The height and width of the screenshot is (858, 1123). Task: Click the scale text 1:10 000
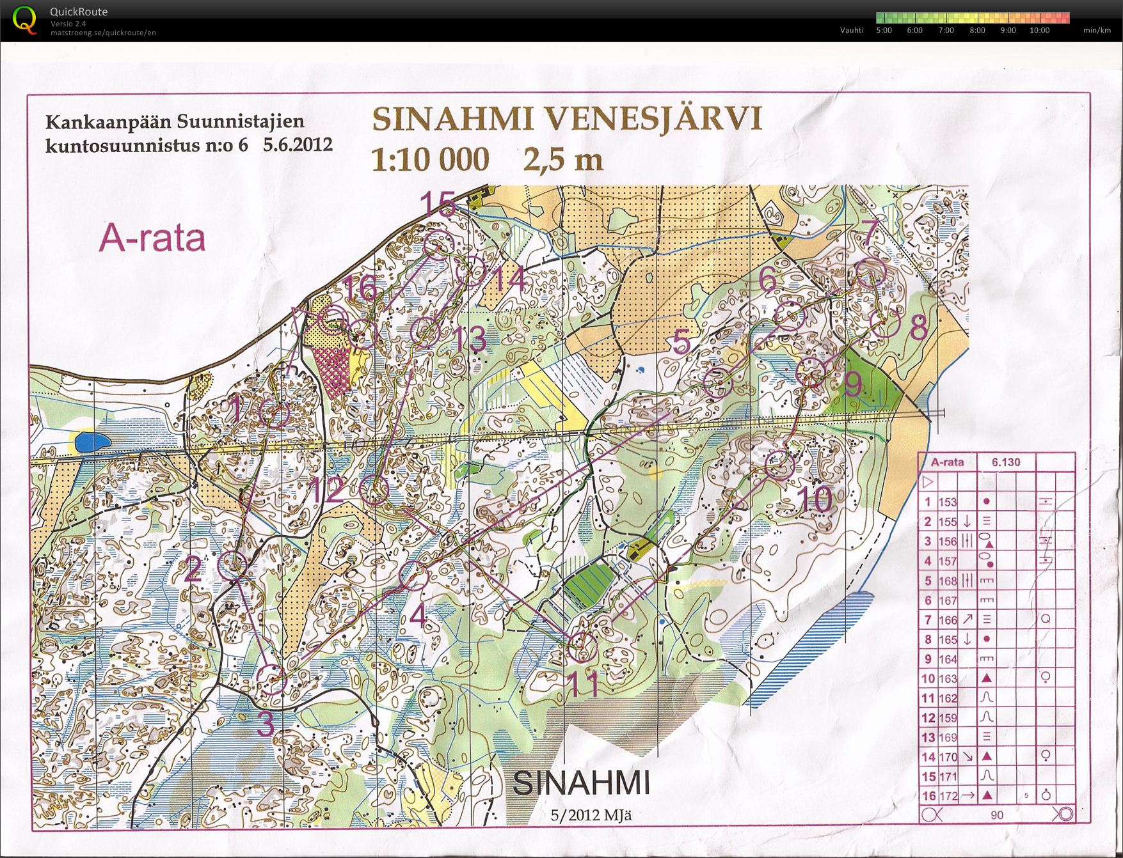coord(430,160)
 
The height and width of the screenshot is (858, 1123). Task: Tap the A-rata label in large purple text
coord(152,239)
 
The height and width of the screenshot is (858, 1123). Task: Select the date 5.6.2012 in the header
coord(298,144)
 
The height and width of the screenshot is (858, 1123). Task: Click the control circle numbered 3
coord(275,679)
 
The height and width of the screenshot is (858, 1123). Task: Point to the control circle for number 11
coord(582,647)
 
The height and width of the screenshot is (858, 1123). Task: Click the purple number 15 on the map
coord(438,205)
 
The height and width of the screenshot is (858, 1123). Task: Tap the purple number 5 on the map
coord(681,343)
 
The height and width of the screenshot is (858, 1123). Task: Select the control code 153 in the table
coord(948,503)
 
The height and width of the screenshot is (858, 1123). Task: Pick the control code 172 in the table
coord(948,797)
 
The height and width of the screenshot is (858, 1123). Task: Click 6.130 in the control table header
coord(1006,462)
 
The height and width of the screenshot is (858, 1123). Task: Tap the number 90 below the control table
coord(996,815)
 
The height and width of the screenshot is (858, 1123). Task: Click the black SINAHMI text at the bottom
coord(581,783)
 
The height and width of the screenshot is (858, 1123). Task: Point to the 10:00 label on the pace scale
coord(1039,30)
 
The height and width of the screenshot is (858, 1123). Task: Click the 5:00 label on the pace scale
coord(884,30)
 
